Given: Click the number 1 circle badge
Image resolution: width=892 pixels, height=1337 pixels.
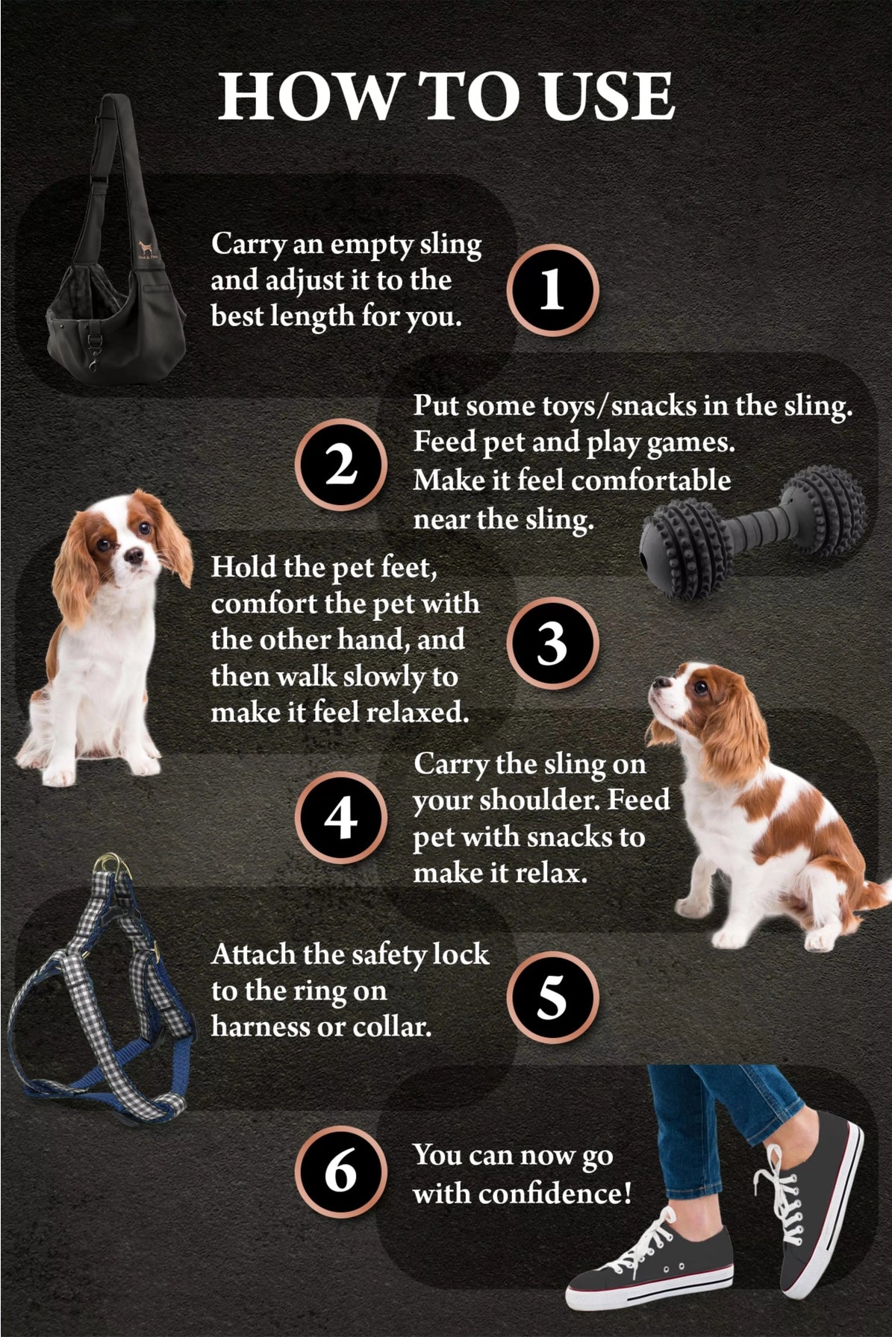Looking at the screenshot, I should click(552, 290).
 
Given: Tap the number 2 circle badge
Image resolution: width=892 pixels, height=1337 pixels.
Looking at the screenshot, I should click(341, 465).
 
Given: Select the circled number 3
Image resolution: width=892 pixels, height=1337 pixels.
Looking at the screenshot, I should click(552, 643).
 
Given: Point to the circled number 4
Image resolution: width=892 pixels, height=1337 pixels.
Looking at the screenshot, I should click(341, 818).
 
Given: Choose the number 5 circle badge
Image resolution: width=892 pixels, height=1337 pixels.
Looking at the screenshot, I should click(552, 998).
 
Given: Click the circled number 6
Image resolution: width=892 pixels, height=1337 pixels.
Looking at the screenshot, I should click(341, 1171).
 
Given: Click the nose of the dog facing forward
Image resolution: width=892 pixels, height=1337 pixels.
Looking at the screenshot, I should click(134, 557).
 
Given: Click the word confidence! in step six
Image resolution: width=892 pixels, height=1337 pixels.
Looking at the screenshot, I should click(555, 1193).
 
